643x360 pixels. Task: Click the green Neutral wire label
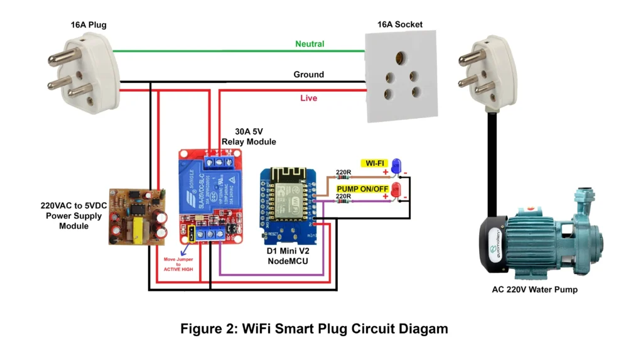click(310, 44)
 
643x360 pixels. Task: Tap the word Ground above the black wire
click(308, 74)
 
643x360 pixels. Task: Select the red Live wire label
click(308, 98)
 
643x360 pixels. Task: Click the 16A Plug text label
click(89, 25)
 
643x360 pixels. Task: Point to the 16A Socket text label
click(399, 25)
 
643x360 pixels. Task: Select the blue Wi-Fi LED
click(396, 166)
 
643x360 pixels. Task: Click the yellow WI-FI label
click(374, 163)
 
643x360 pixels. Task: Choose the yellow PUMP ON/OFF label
click(362, 188)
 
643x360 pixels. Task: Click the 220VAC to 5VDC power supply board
click(138, 215)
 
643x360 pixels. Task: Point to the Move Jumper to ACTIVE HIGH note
click(178, 264)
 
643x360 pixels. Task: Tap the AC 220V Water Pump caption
click(534, 290)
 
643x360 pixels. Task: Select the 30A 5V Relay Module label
click(249, 136)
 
